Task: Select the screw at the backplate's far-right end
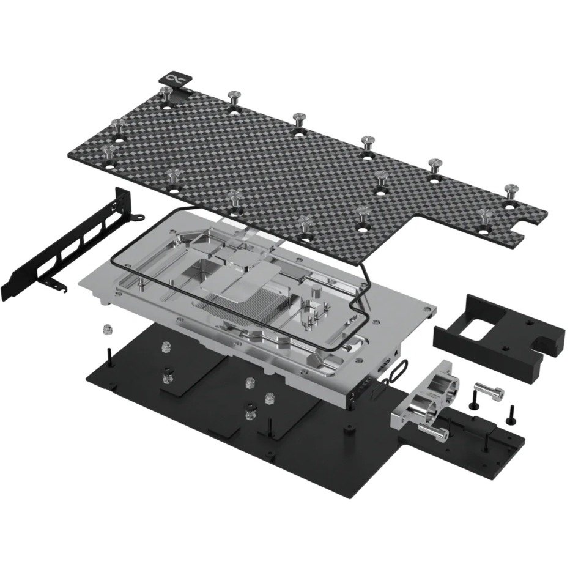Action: [x=511, y=190]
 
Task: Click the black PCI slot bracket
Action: [x=73, y=245]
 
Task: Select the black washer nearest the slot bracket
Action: [x=167, y=371]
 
